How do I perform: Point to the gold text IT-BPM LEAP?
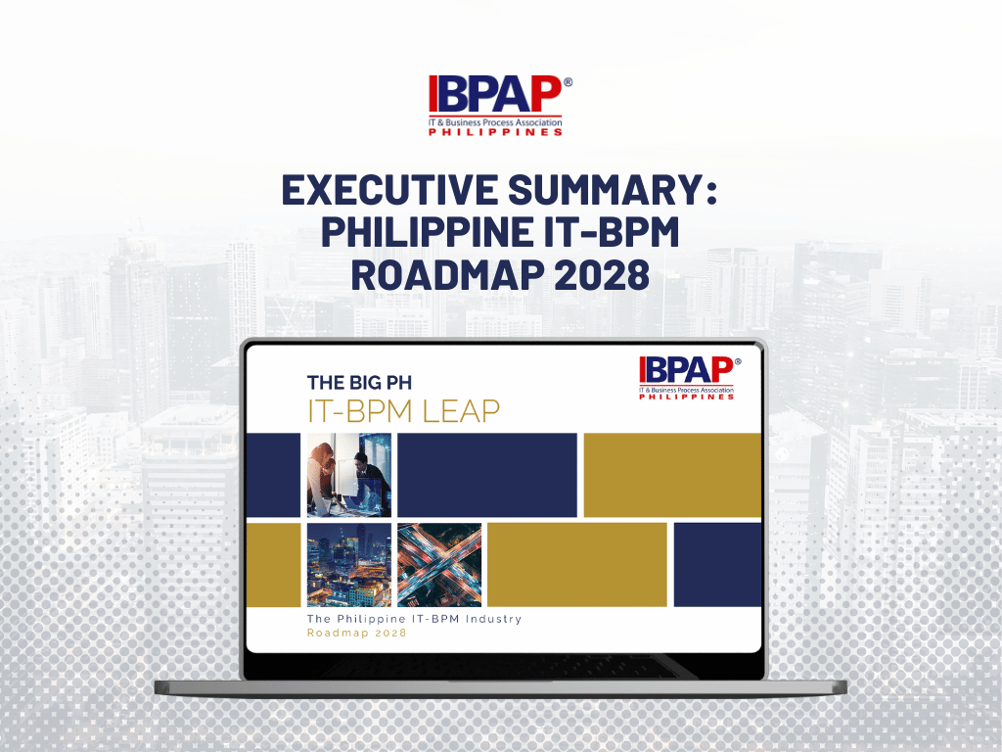click(403, 411)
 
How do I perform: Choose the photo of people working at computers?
click(348, 475)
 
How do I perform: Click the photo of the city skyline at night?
click(348, 565)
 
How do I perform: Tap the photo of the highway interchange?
click(439, 565)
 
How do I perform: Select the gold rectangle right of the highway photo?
click(576, 565)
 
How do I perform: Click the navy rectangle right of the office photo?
click(486, 475)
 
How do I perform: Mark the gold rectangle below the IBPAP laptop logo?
click(672, 475)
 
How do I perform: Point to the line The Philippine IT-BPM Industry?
click(414, 619)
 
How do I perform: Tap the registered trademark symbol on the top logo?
click(568, 83)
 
